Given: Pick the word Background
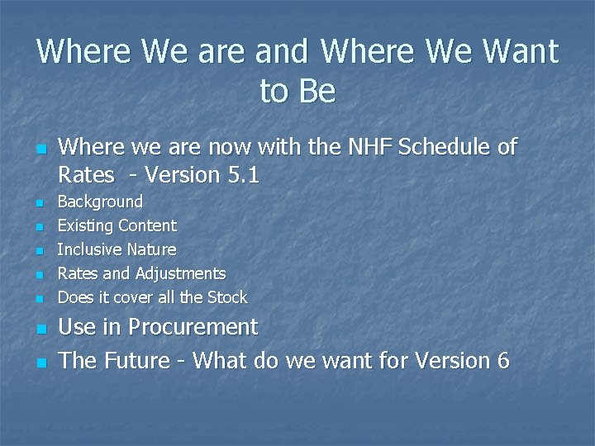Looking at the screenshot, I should coord(99,202).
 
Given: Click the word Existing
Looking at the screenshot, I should coord(85,225).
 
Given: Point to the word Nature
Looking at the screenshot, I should coord(151,249).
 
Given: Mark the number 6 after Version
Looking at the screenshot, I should coord(503,361).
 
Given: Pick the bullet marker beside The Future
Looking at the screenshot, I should coord(39,363).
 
